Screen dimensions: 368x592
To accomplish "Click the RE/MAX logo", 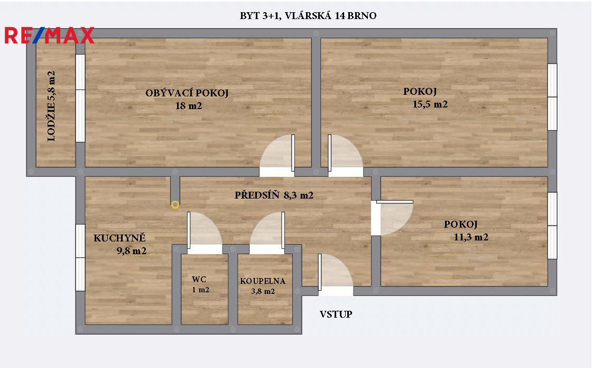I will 49,35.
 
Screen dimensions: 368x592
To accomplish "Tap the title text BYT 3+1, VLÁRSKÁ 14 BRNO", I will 308,16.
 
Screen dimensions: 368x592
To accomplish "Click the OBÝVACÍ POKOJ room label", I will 187,94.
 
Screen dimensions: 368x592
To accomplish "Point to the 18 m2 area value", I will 189,106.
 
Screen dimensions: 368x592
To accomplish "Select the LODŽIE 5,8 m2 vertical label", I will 51,106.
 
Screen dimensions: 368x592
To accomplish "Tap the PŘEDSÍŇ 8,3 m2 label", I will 274,195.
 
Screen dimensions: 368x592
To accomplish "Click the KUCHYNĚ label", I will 119,238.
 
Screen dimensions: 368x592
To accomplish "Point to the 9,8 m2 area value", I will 131,251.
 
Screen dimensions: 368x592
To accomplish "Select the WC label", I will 199,279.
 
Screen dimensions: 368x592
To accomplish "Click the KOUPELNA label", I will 263,281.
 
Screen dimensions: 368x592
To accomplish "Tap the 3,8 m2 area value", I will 263,291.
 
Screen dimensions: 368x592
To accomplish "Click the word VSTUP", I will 336,315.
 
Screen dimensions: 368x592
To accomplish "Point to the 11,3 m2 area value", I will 470,237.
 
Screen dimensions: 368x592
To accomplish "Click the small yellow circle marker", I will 175,204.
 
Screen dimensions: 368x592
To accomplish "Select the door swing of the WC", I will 203,230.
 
